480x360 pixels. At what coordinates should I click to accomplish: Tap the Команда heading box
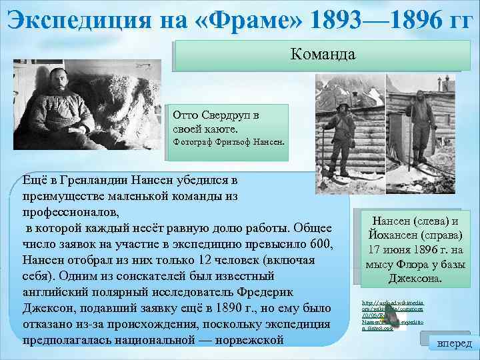(323, 54)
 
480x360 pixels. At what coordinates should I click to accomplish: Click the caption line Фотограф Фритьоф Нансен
(228, 143)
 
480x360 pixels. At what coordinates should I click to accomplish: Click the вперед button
(453, 343)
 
